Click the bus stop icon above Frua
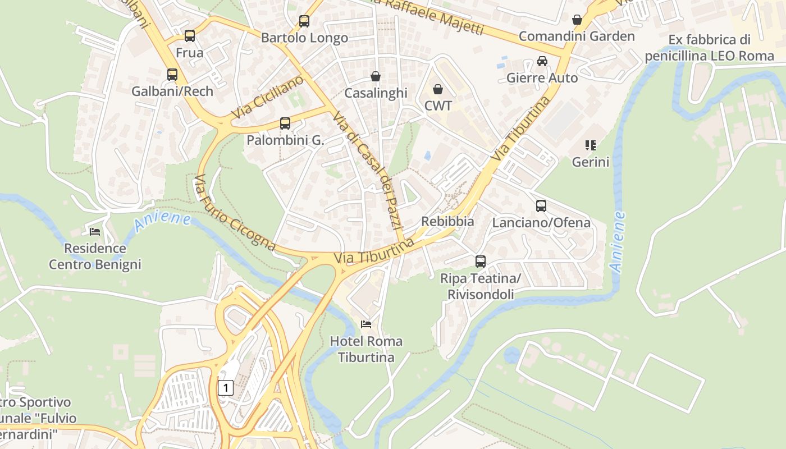tap(190, 36)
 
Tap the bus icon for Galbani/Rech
tap(172, 74)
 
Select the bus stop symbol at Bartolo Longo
tap(304, 21)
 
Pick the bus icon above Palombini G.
tap(285, 123)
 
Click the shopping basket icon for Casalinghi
tap(376, 76)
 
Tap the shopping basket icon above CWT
tap(438, 89)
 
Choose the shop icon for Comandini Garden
tap(577, 20)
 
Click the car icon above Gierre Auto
tap(542, 61)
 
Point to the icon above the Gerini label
tap(590, 145)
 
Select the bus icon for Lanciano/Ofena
tap(541, 206)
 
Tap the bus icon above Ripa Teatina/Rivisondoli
tap(481, 262)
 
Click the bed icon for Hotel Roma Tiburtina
tap(366, 324)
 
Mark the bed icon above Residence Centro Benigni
tap(95, 231)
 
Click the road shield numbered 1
tap(225, 387)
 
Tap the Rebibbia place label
tap(447, 222)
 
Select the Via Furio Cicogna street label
tap(234, 213)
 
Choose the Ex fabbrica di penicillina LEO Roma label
tap(709, 48)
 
